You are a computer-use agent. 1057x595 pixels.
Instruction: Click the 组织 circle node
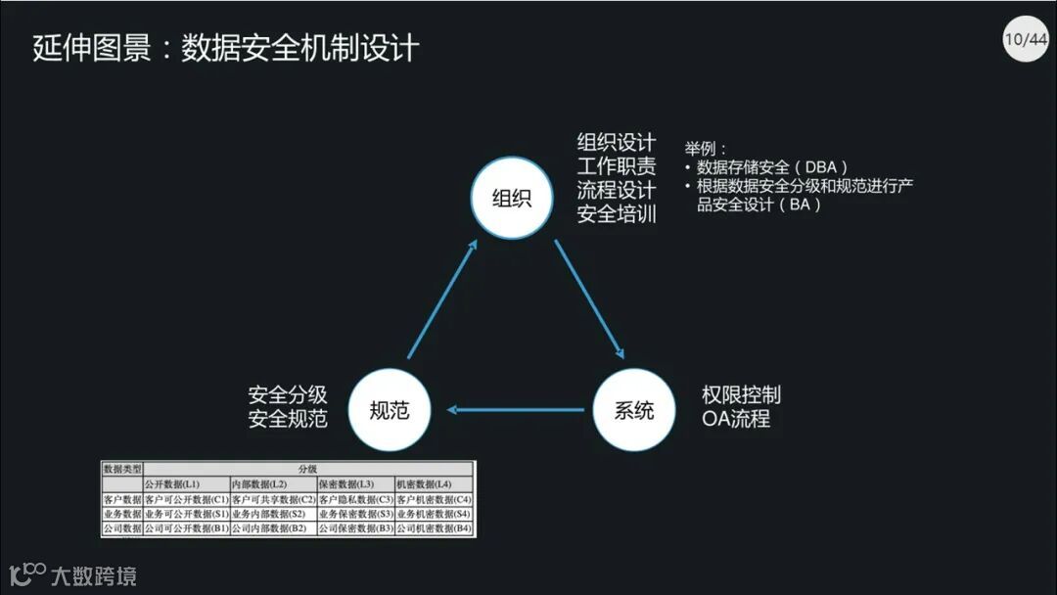coord(512,199)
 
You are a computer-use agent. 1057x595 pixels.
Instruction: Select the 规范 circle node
coord(390,410)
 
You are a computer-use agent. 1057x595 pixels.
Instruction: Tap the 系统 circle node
coord(634,410)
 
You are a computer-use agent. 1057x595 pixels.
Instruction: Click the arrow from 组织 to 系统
coord(589,298)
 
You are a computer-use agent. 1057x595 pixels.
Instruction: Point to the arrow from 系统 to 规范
coord(519,410)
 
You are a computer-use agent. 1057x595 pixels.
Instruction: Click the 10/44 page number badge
coord(1025,39)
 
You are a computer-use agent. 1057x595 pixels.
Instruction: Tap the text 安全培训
coord(616,212)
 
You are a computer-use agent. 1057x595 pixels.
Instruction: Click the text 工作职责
coord(616,165)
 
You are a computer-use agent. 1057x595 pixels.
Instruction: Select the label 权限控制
coord(741,395)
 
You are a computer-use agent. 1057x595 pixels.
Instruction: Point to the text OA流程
coord(735,419)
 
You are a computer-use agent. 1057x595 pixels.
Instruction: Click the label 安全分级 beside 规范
coord(287,395)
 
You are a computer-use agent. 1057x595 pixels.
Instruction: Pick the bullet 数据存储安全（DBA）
coord(772,167)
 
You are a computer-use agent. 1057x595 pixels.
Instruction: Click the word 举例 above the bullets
coord(704,149)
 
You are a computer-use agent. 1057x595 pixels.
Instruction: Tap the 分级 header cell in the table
coord(307,469)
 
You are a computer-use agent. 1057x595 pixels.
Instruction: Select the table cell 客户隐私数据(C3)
coord(354,499)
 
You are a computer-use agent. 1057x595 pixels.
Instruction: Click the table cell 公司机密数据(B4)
coord(434,528)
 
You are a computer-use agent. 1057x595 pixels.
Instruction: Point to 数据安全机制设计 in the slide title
coord(299,47)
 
